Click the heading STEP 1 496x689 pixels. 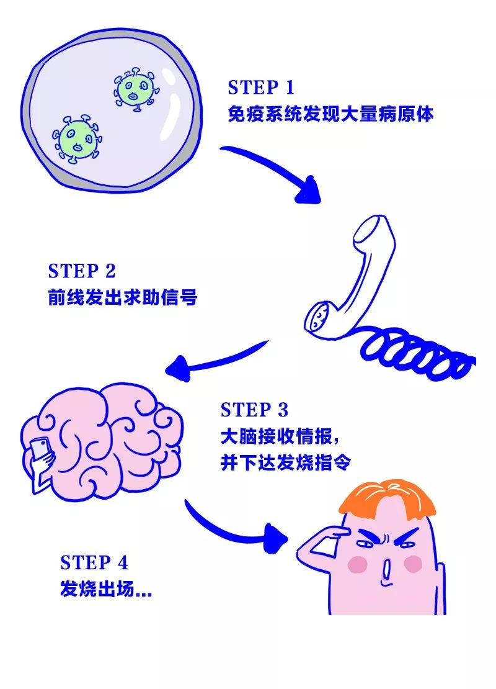(261, 88)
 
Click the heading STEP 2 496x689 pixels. (81, 271)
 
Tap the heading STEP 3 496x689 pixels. (254, 410)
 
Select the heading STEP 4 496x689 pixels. (94, 563)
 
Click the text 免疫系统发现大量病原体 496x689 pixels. (330, 115)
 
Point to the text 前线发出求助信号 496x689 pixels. (122, 299)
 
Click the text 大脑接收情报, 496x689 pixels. (279, 437)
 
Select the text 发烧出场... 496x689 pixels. (105, 589)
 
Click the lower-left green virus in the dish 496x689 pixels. (77, 138)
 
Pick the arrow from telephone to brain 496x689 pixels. (217, 358)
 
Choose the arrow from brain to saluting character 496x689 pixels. (236, 528)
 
